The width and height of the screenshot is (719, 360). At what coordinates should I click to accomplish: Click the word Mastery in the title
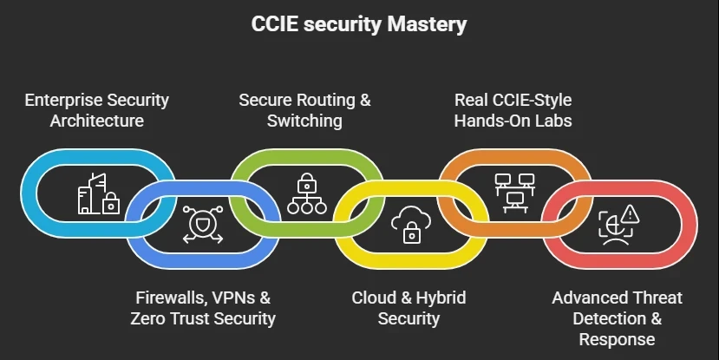424,25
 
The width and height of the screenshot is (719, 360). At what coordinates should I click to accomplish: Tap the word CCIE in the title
273,25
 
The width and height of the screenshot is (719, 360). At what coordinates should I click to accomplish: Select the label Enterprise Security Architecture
96,110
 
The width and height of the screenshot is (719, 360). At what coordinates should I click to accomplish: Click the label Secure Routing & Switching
304,110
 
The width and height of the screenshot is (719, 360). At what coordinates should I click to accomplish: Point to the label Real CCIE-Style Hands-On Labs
513,110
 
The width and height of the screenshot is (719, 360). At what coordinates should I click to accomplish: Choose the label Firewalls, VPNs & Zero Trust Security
202,308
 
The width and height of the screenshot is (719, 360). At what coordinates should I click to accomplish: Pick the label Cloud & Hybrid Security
409,308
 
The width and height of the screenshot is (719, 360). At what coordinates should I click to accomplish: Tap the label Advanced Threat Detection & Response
617,317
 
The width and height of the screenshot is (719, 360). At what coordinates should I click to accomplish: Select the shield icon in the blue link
202,225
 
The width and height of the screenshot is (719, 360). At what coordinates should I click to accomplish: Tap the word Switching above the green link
304,121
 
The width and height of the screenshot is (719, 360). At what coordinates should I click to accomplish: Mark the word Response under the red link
617,338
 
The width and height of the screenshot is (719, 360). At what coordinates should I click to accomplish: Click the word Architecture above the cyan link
96,121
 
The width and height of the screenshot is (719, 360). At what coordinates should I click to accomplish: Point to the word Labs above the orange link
554,121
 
